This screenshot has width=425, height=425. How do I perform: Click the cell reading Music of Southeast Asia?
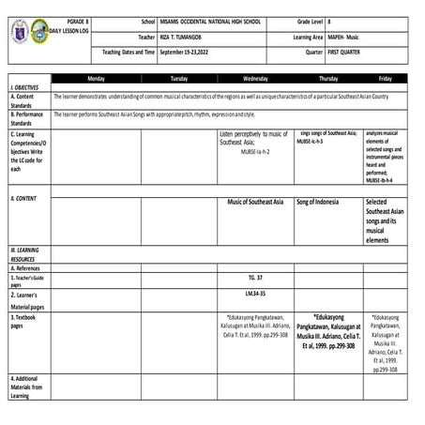click(x=255, y=202)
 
